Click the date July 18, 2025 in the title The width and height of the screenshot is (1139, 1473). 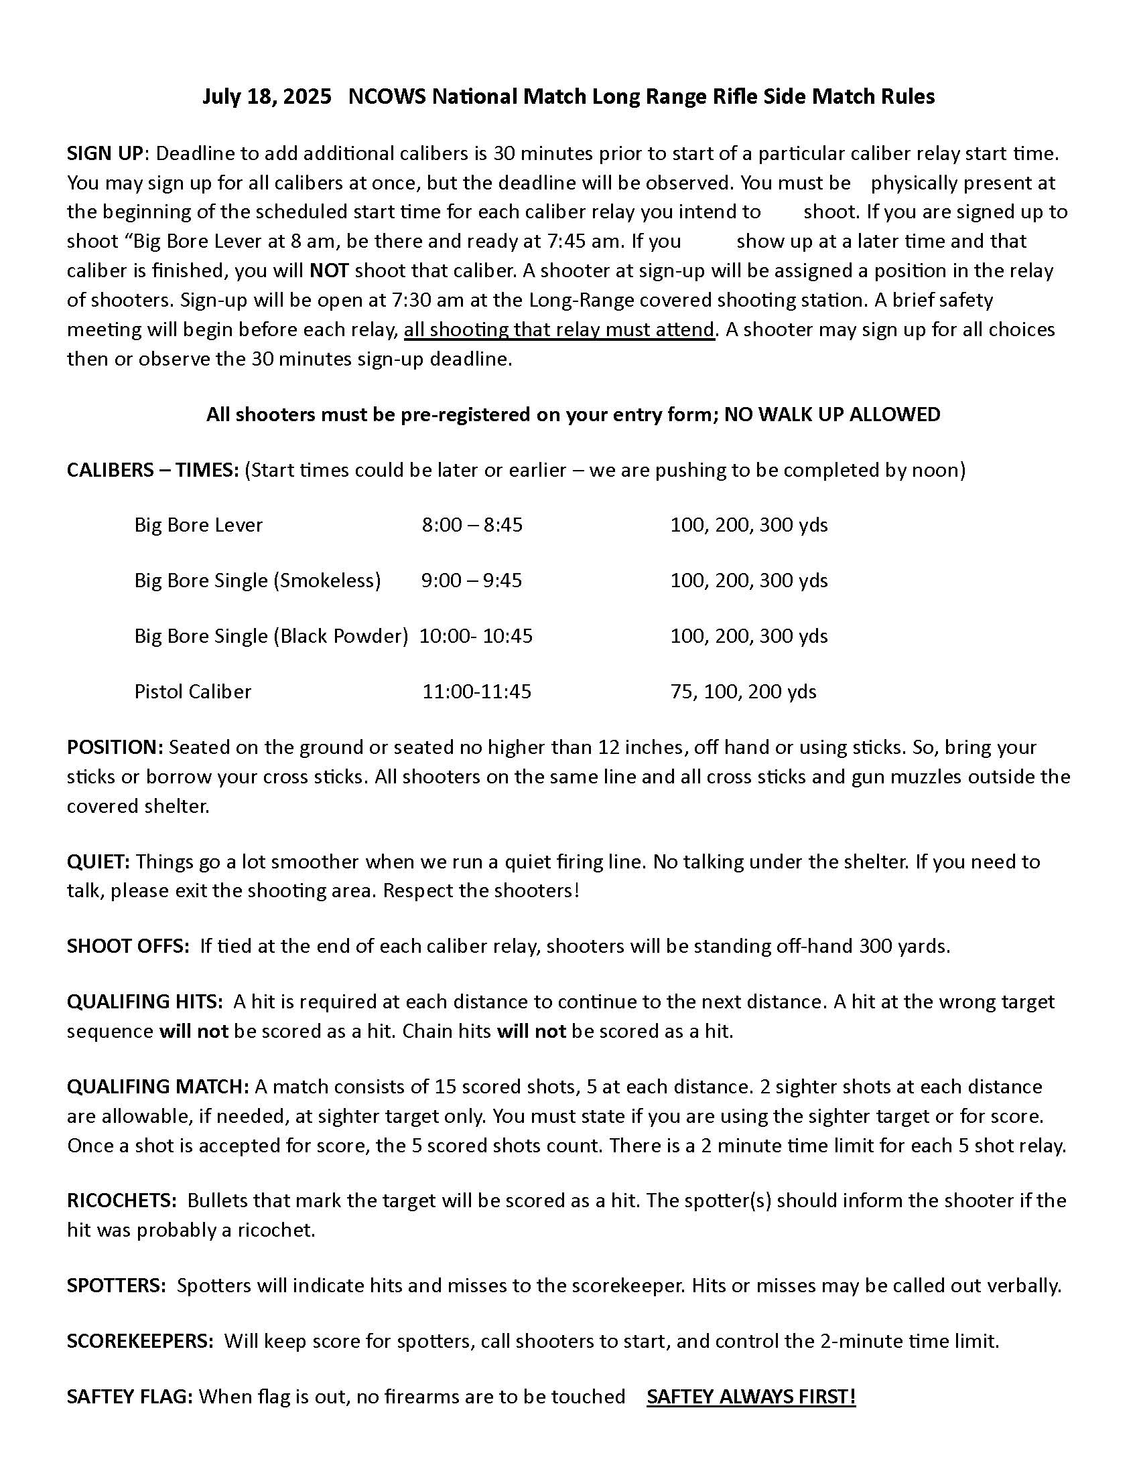point(267,97)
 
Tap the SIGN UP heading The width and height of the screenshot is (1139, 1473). point(105,154)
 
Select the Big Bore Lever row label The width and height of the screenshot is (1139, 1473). point(198,525)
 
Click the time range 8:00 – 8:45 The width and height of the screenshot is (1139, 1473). point(472,525)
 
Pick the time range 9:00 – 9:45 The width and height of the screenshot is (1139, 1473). point(471,580)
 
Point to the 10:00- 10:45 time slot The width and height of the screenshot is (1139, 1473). point(476,636)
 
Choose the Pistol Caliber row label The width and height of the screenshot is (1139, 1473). point(192,692)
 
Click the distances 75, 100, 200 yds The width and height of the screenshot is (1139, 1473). point(743,692)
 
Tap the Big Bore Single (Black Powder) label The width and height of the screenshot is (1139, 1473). point(271,636)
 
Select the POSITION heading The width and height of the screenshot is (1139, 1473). point(115,747)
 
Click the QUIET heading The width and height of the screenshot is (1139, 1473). point(98,861)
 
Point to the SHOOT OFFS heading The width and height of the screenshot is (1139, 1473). point(127,946)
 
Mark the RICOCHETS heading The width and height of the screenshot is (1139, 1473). point(121,1200)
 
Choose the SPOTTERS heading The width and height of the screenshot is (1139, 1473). point(116,1286)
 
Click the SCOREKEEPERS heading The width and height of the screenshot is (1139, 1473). point(139,1341)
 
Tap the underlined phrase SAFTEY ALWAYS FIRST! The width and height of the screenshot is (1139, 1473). point(750,1396)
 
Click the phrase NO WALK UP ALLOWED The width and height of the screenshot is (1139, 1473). point(832,414)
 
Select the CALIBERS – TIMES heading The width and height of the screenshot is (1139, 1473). point(153,469)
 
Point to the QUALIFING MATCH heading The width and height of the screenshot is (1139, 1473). point(158,1087)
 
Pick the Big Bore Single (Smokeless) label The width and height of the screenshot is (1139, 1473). point(257,580)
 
